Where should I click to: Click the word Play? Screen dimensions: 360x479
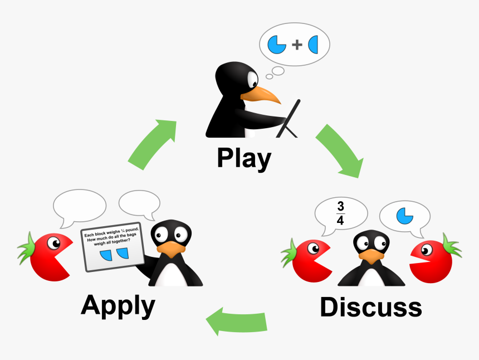(243, 158)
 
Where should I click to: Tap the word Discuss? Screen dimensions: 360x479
(370, 307)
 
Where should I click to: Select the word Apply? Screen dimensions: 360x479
(118, 305)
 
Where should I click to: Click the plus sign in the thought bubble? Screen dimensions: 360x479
(296, 45)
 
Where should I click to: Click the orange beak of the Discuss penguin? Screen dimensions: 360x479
(370, 256)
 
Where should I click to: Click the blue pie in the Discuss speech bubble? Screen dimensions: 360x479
(405, 215)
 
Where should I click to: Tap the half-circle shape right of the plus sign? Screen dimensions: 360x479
(313, 45)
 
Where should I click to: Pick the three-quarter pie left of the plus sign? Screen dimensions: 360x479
(277, 45)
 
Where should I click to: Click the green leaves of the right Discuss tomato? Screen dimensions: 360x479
(451, 246)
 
